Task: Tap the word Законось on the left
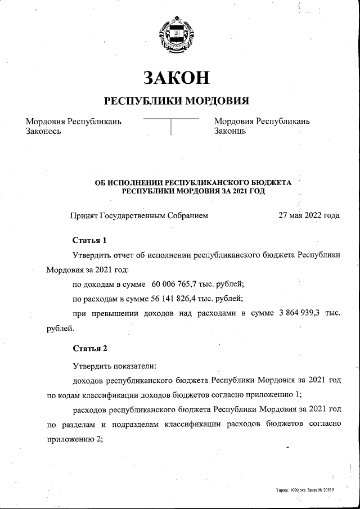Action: pyautogui.click(x=43, y=131)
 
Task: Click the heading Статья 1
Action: pyautogui.click(x=89, y=240)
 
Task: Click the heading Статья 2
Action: pyautogui.click(x=89, y=348)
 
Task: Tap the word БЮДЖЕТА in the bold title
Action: pyautogui.click(x=271, y=183)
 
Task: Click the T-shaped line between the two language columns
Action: pyautogui.click(x=171, y=125)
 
